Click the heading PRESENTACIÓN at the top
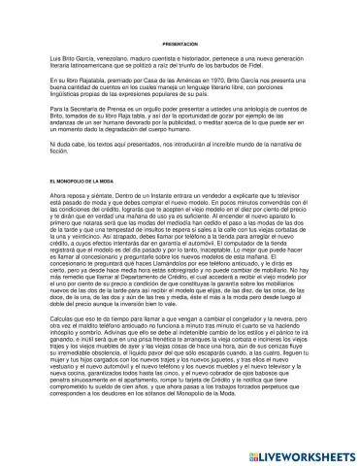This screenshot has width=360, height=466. point(180,18)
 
